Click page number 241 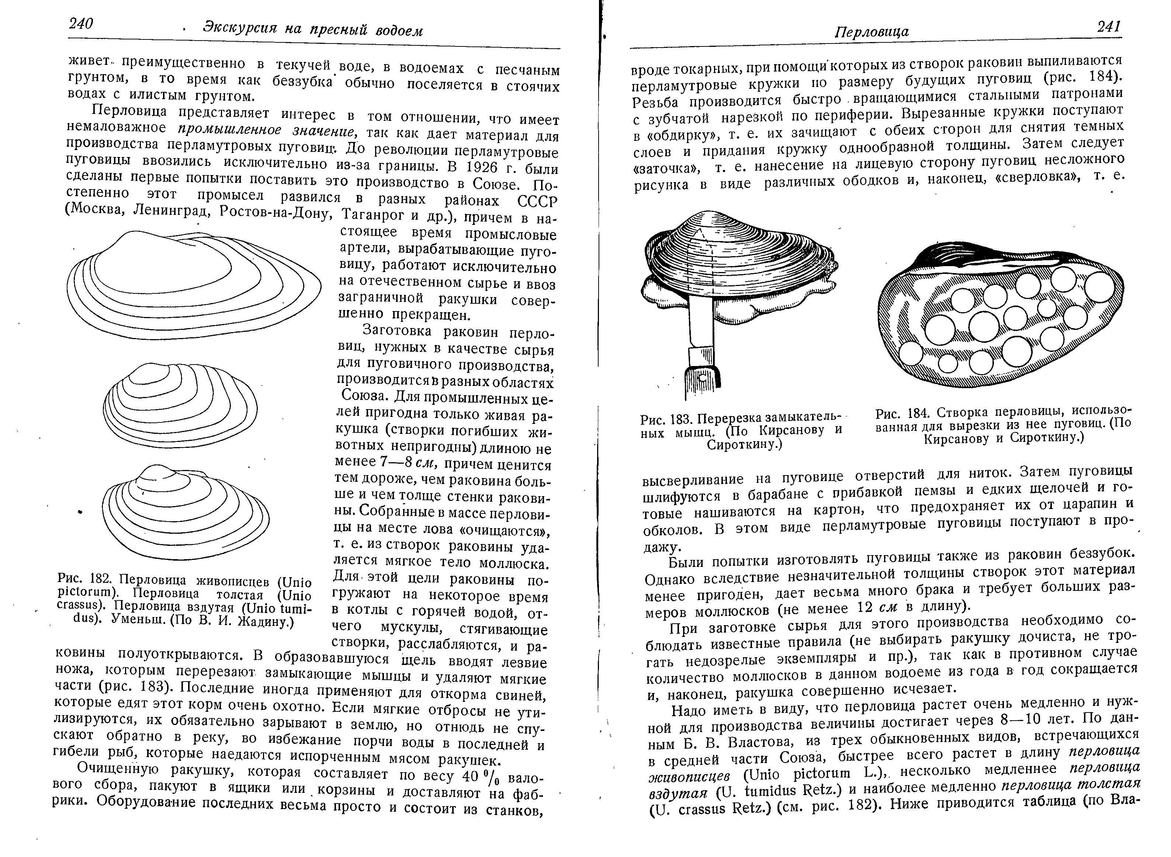click(1109, 27)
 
